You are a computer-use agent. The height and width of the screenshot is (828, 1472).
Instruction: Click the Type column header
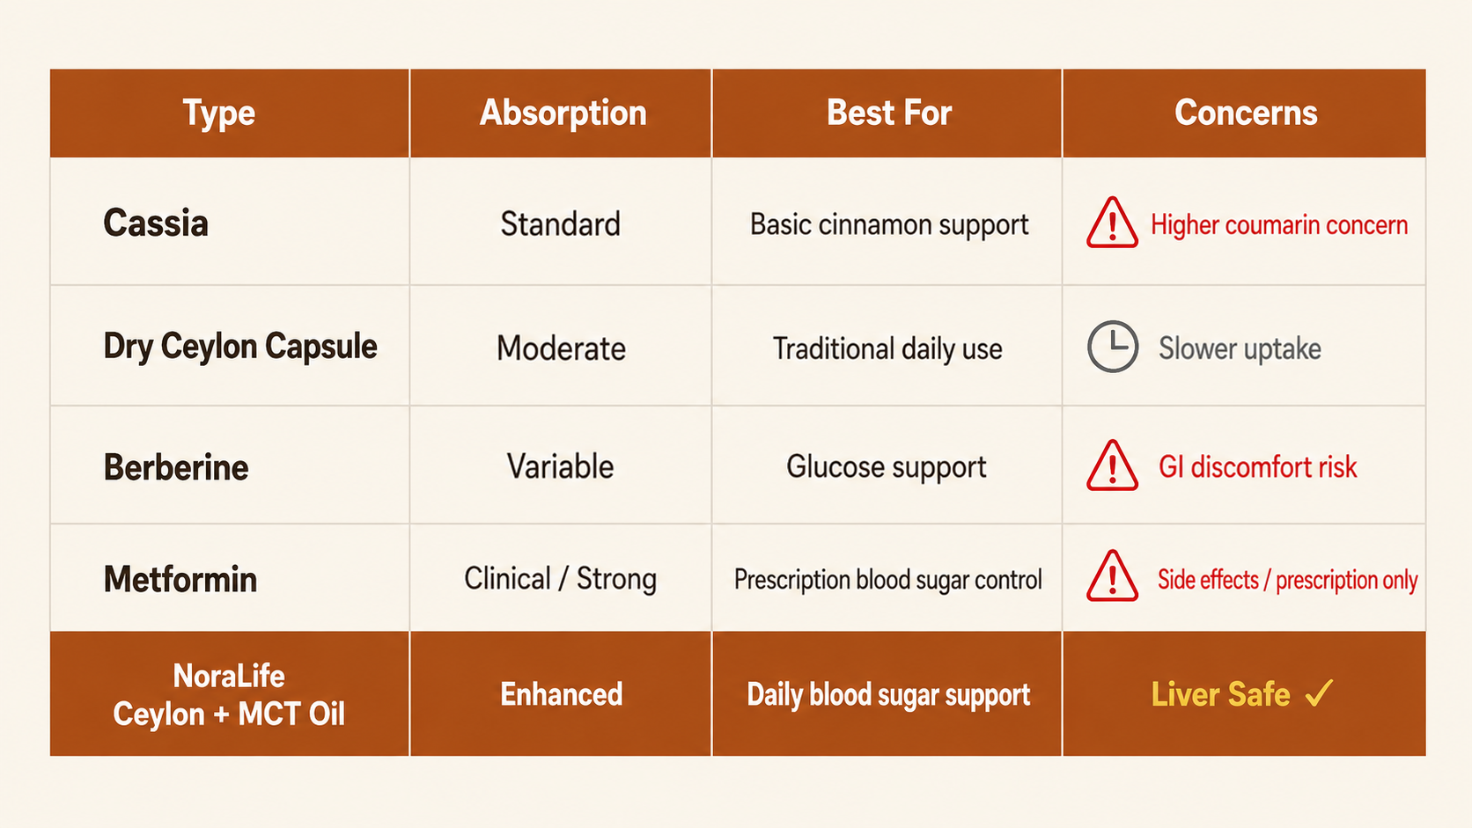pyautogui.click(x=219, y=113)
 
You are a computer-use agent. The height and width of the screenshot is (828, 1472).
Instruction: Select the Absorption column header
pyautogui.click(x=563, y=113)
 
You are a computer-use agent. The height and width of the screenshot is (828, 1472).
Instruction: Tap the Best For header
pyautogui.click(x=889, y=113)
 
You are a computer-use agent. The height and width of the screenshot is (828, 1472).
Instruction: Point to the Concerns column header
pyautogui.click(x=1246, y=113)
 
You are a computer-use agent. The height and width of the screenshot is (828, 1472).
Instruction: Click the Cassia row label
pyautogui.click(x=156, y=223)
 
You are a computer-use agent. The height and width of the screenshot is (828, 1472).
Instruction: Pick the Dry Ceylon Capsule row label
pyautogui.click(x=240, y=347)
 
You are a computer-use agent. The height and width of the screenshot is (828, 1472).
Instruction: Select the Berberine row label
pyautogui.click(x=176, y=467)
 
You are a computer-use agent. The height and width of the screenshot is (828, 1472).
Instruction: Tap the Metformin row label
pyautogui.click(x=180, y=579)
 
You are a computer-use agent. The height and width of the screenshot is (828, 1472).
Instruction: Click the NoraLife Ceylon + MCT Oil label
pyautogui.click(x=229, y=695)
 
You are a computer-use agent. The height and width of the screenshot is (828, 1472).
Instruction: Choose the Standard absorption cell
pyautogui.click(x=561, y=223)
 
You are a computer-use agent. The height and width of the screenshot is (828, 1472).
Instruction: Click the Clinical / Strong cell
pyautogui.click(x=561, y=579)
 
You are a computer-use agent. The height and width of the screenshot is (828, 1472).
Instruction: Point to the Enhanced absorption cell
pyautogui.click(x=561, y=695)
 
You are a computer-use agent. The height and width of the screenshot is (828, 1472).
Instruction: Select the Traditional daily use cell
pyautogui.click(x=887, y=348)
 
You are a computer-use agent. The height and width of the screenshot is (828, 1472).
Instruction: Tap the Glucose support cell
pyautogui.click(x=887, y=467)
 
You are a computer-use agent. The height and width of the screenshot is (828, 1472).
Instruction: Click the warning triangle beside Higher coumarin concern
pyautogui.click(x=1112, y=223)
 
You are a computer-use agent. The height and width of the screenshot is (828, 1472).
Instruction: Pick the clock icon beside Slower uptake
pyautogui.click(x=1113, y=347)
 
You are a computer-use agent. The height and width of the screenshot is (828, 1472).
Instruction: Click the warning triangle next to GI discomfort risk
pyautogui.click(x=1112, y=465)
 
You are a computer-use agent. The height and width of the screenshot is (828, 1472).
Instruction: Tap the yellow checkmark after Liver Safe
pyautogui.click(x=1319, y=693)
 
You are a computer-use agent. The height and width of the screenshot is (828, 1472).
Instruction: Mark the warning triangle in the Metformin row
pyautogui.click(x=1112, y=575)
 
